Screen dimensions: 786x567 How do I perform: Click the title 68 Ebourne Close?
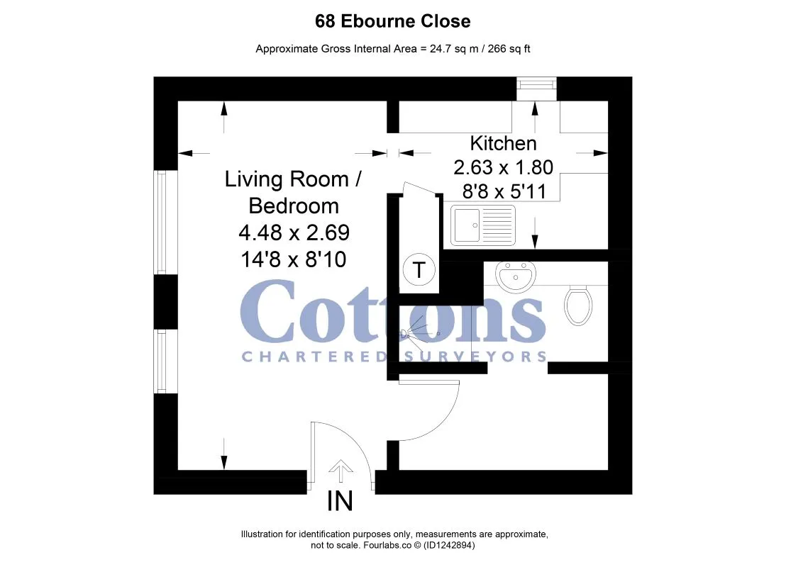[x=392, y=21]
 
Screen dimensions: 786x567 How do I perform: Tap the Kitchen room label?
[x=503, y=143]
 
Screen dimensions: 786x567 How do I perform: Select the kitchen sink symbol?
[x=482, y=225]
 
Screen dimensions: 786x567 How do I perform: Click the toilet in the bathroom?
[x=578, y=305]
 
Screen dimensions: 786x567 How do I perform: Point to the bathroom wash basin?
[x=515, y=276]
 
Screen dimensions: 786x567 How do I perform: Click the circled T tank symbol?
[x=419, y=269]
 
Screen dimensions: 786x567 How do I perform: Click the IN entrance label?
[x=340, y=500]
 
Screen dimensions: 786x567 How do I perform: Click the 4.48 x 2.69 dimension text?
[x=294, y=232]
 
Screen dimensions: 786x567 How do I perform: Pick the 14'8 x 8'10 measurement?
[x=294, y=259]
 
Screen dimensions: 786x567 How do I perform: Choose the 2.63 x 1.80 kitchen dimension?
[x=503, y=167]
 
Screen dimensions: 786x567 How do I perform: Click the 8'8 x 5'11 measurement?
[x=504, y=191]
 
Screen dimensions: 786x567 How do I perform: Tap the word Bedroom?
[x=294, y=206]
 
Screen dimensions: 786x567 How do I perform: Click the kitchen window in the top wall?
[x=536, y=89]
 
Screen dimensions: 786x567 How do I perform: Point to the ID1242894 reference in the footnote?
[x=449, y=545]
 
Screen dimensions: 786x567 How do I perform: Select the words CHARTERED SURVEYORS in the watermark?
[x=394, y=357]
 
